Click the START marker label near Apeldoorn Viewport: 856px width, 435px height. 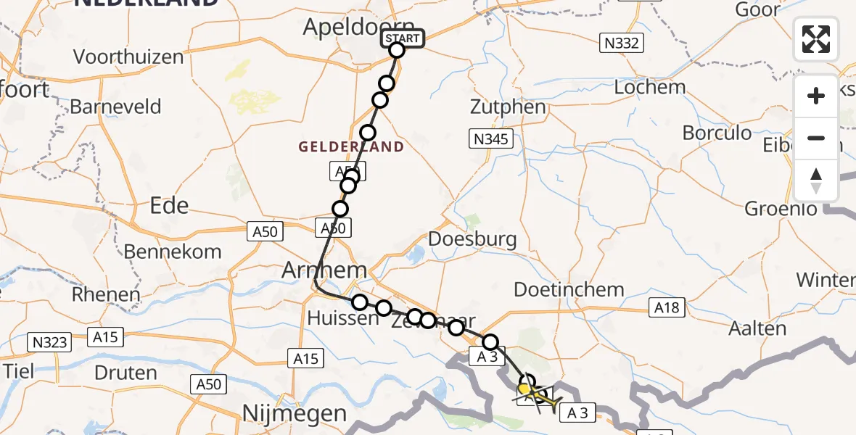point(401,38)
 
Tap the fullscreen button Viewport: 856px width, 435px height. point(816,39)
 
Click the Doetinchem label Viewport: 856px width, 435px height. point(569,289)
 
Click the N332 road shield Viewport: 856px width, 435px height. point(621,43)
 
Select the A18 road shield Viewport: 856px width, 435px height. point(666,308)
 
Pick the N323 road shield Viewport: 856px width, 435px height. point(49,340)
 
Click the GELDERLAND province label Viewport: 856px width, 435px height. point(351,147)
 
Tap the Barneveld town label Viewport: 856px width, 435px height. point(115,107)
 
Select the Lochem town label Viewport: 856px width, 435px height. point(649,87)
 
